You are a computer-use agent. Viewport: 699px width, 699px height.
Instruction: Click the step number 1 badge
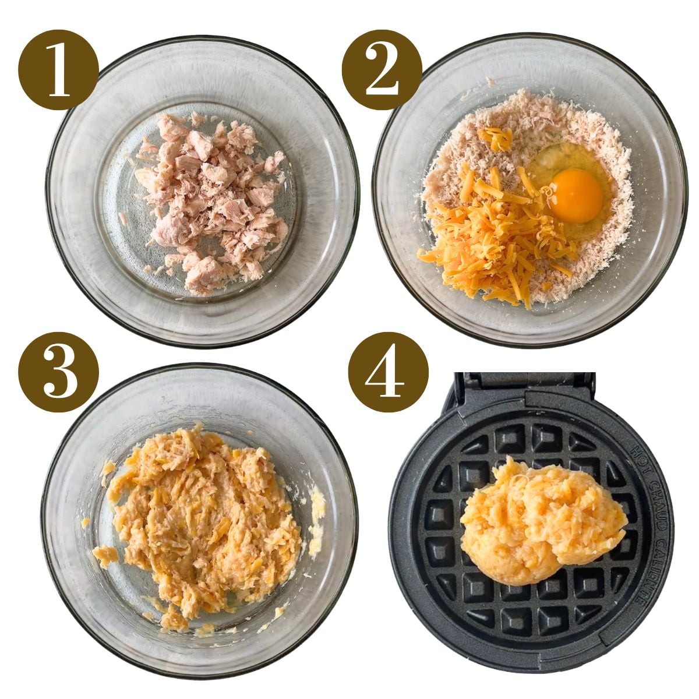(58, 70)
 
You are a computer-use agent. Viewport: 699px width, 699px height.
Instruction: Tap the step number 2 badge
(382, 70)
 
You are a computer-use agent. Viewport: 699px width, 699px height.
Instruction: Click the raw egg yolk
(576, 196)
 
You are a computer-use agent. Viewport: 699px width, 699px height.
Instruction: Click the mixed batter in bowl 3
(204, 513)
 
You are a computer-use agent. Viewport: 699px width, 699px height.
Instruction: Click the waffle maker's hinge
(524, 384)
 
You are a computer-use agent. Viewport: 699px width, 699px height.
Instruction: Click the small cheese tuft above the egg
(495, 139)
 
